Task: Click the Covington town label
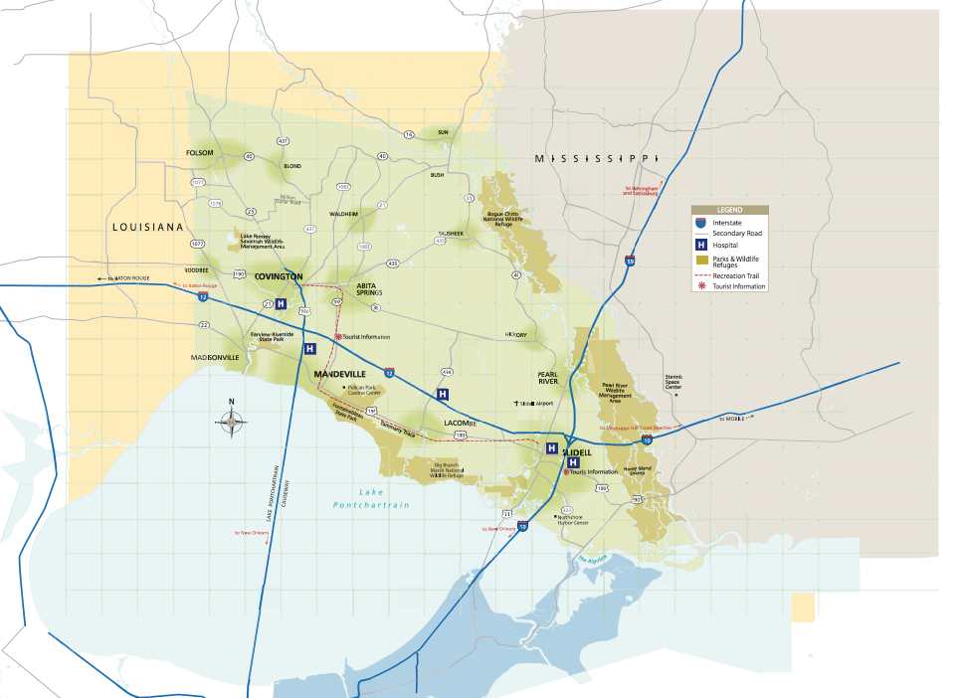coord(279,276)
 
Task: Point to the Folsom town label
coord(200,153)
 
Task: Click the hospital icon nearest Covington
coord(281,304)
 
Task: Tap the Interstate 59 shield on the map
coord(631,262)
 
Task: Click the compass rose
coord(231,422)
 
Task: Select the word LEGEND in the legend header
coord(730,211)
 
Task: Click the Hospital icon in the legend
coord(701,245)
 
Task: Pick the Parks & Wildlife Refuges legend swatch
coord(701,261)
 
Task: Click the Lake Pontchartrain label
coord(371,499)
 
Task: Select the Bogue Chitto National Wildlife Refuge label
coord(510,218)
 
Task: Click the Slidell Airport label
coord(537,404)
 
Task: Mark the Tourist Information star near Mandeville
coord(337,337)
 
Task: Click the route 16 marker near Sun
coord(408,134)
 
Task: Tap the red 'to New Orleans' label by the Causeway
coord(252,532)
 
